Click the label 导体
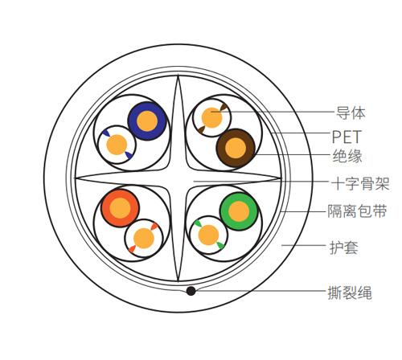tap(351, 113)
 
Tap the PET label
tap(347, 137)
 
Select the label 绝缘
tap(347, 156)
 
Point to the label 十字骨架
tap(360, 183)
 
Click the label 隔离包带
tap(357, 211)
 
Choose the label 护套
tap(344, 247)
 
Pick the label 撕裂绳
tap(350, 292)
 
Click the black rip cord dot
tap(191, 291)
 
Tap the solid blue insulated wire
tap(147, 121)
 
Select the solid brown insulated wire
tap(236, 148)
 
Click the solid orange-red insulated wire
tap(120, 208)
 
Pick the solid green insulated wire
tap(239, 211)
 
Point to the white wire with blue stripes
tap(117, 145)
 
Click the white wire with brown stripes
tap(212, 117)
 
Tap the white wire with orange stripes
tap(144, 239)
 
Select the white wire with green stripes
tap(208, 235)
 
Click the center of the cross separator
tap(178, 178)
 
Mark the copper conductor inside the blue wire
tap(147, 121)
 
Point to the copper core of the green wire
tap(239, 211)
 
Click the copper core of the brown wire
tap(236, 148)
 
